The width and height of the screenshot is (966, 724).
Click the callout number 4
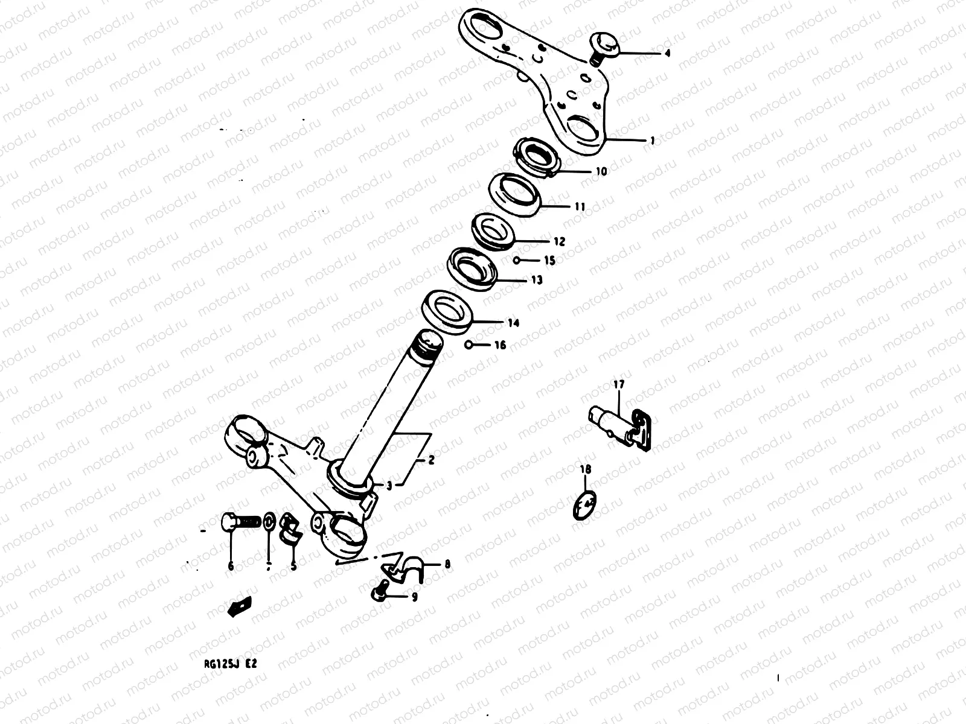click(x=667, y=53)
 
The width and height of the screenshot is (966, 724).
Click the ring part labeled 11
click(x=514, y=192)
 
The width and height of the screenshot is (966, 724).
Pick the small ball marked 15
click(x=517, y=261)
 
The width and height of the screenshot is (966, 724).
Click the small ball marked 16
click(x=469, y=345)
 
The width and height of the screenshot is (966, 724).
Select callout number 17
click(x=618, y=384)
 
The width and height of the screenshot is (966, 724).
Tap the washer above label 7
click(x=269, y=520)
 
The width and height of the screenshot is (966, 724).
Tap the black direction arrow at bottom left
click(x=238, y=606)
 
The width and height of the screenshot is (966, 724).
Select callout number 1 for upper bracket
click(x=653, y=141)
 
